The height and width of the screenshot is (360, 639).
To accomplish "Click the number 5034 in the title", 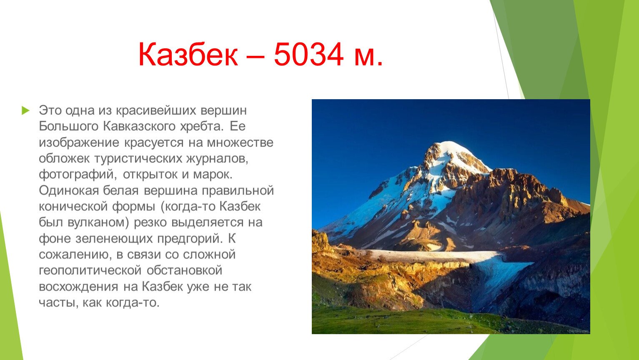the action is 308,54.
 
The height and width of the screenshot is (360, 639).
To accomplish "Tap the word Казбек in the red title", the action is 188,54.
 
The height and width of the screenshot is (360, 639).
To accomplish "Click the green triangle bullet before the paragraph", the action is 26,110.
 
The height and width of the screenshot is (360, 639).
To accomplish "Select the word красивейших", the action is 156,111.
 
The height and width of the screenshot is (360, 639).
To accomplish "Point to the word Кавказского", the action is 139,126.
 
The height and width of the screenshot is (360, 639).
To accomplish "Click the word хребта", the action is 201,127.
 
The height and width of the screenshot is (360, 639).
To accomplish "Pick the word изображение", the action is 79,142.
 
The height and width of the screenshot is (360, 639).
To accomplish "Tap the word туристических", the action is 138,159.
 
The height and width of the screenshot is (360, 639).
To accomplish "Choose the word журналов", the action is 217,159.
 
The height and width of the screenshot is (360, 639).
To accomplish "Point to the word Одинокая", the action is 69,190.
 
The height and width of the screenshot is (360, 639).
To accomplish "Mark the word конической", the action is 73,207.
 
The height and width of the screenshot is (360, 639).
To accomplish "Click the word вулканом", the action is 99,222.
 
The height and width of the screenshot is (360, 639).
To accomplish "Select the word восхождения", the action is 78,287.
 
